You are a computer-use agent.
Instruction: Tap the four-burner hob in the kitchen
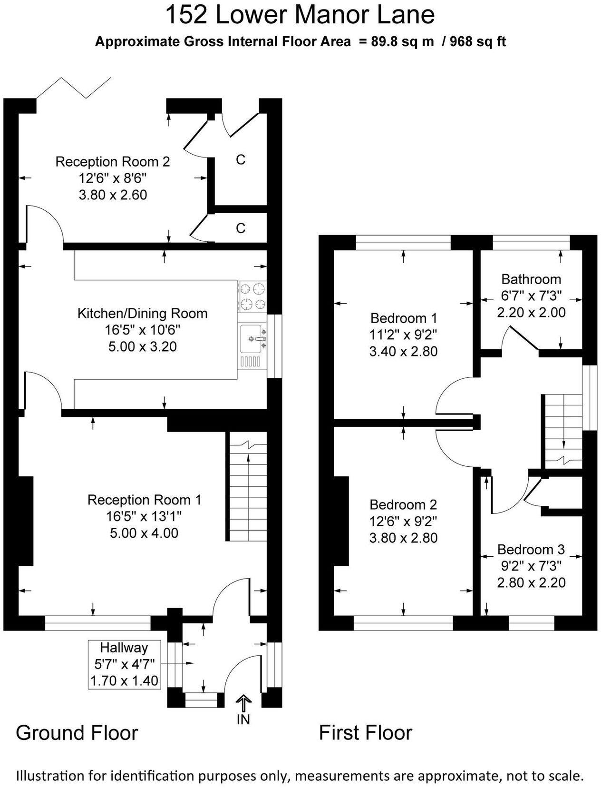tap(252, 296)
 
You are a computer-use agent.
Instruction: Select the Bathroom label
tap(531, 279)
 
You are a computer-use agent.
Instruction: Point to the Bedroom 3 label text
tap(531, 550)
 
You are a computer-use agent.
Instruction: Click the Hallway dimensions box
tap(124, 664)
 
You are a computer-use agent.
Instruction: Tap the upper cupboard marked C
tap(241, 160)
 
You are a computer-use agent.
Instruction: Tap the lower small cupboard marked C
tap(241, 228)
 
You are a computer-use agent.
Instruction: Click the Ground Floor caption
tap(77, 733)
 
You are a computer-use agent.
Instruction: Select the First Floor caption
tap(365, 733)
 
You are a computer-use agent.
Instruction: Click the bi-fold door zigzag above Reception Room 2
tap(74, 88)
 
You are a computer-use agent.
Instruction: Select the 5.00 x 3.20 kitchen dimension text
tap(142, 346)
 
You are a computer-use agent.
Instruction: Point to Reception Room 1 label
tap(144, 500)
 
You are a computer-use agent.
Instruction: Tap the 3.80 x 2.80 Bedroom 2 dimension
tap(403, 538)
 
